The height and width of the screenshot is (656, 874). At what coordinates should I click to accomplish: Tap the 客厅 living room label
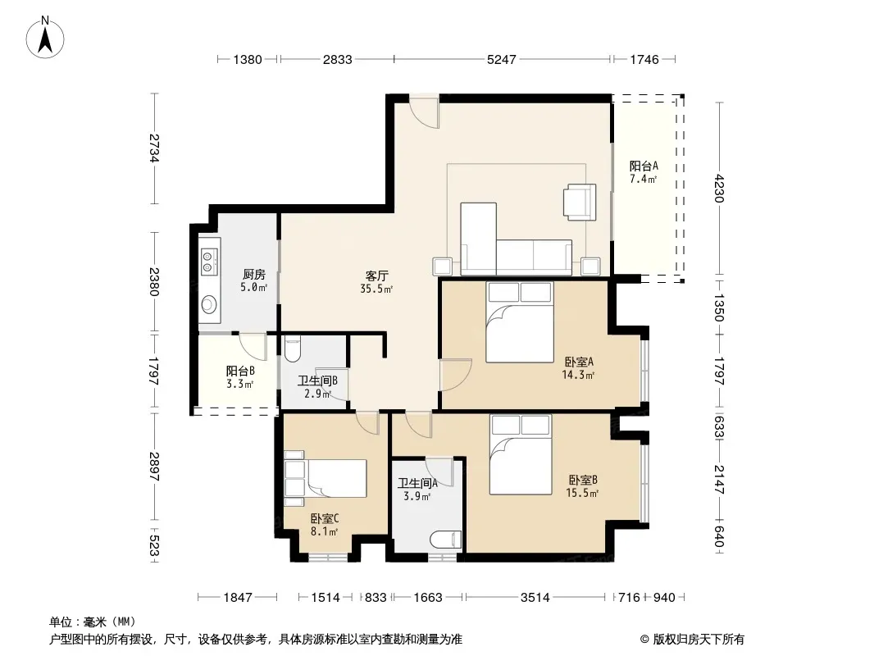pos(377,276)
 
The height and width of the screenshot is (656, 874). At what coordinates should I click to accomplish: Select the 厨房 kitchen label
pos(253,274)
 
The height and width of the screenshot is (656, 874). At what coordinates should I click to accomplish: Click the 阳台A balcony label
pos(644,166)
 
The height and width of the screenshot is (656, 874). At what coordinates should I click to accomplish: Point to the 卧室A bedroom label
pos(579,362)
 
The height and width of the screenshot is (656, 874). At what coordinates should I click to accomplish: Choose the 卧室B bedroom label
pos(583,480)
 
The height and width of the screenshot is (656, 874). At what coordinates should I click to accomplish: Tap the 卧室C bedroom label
pos(325,519)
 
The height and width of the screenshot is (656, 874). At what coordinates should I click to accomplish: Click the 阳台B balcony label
pos(241,371)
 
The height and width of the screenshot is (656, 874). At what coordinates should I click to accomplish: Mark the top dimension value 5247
pos(502,59)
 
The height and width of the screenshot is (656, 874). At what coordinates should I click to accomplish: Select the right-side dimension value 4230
pos(719,189)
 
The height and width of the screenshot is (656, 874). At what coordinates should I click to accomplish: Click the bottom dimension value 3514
pos(535,598)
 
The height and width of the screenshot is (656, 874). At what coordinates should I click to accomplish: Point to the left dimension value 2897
pos(154,467)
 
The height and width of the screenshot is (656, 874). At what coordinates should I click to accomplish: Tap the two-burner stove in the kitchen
pos(209,262)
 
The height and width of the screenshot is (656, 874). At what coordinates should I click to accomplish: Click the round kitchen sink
pos(209,303)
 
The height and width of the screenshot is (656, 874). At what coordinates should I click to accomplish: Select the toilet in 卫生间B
pos(292,348)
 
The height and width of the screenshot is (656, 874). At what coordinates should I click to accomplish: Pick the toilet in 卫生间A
pos(446,540)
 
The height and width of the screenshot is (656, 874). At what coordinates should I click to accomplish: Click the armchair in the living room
pos(579,203)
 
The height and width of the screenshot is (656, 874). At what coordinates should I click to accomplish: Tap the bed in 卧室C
pos(325,477)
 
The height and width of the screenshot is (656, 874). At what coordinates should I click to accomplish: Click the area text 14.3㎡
pos(578,375)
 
